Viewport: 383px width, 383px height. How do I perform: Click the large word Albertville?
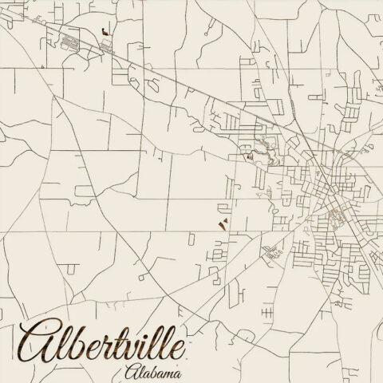pos(104,341)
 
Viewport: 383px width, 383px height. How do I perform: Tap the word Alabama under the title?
pos(152,373)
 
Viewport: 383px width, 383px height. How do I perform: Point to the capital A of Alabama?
pos(131,372)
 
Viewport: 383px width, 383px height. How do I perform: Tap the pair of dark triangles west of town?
pos(223,226)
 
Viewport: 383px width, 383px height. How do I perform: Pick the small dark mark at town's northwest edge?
pos(248,156)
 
